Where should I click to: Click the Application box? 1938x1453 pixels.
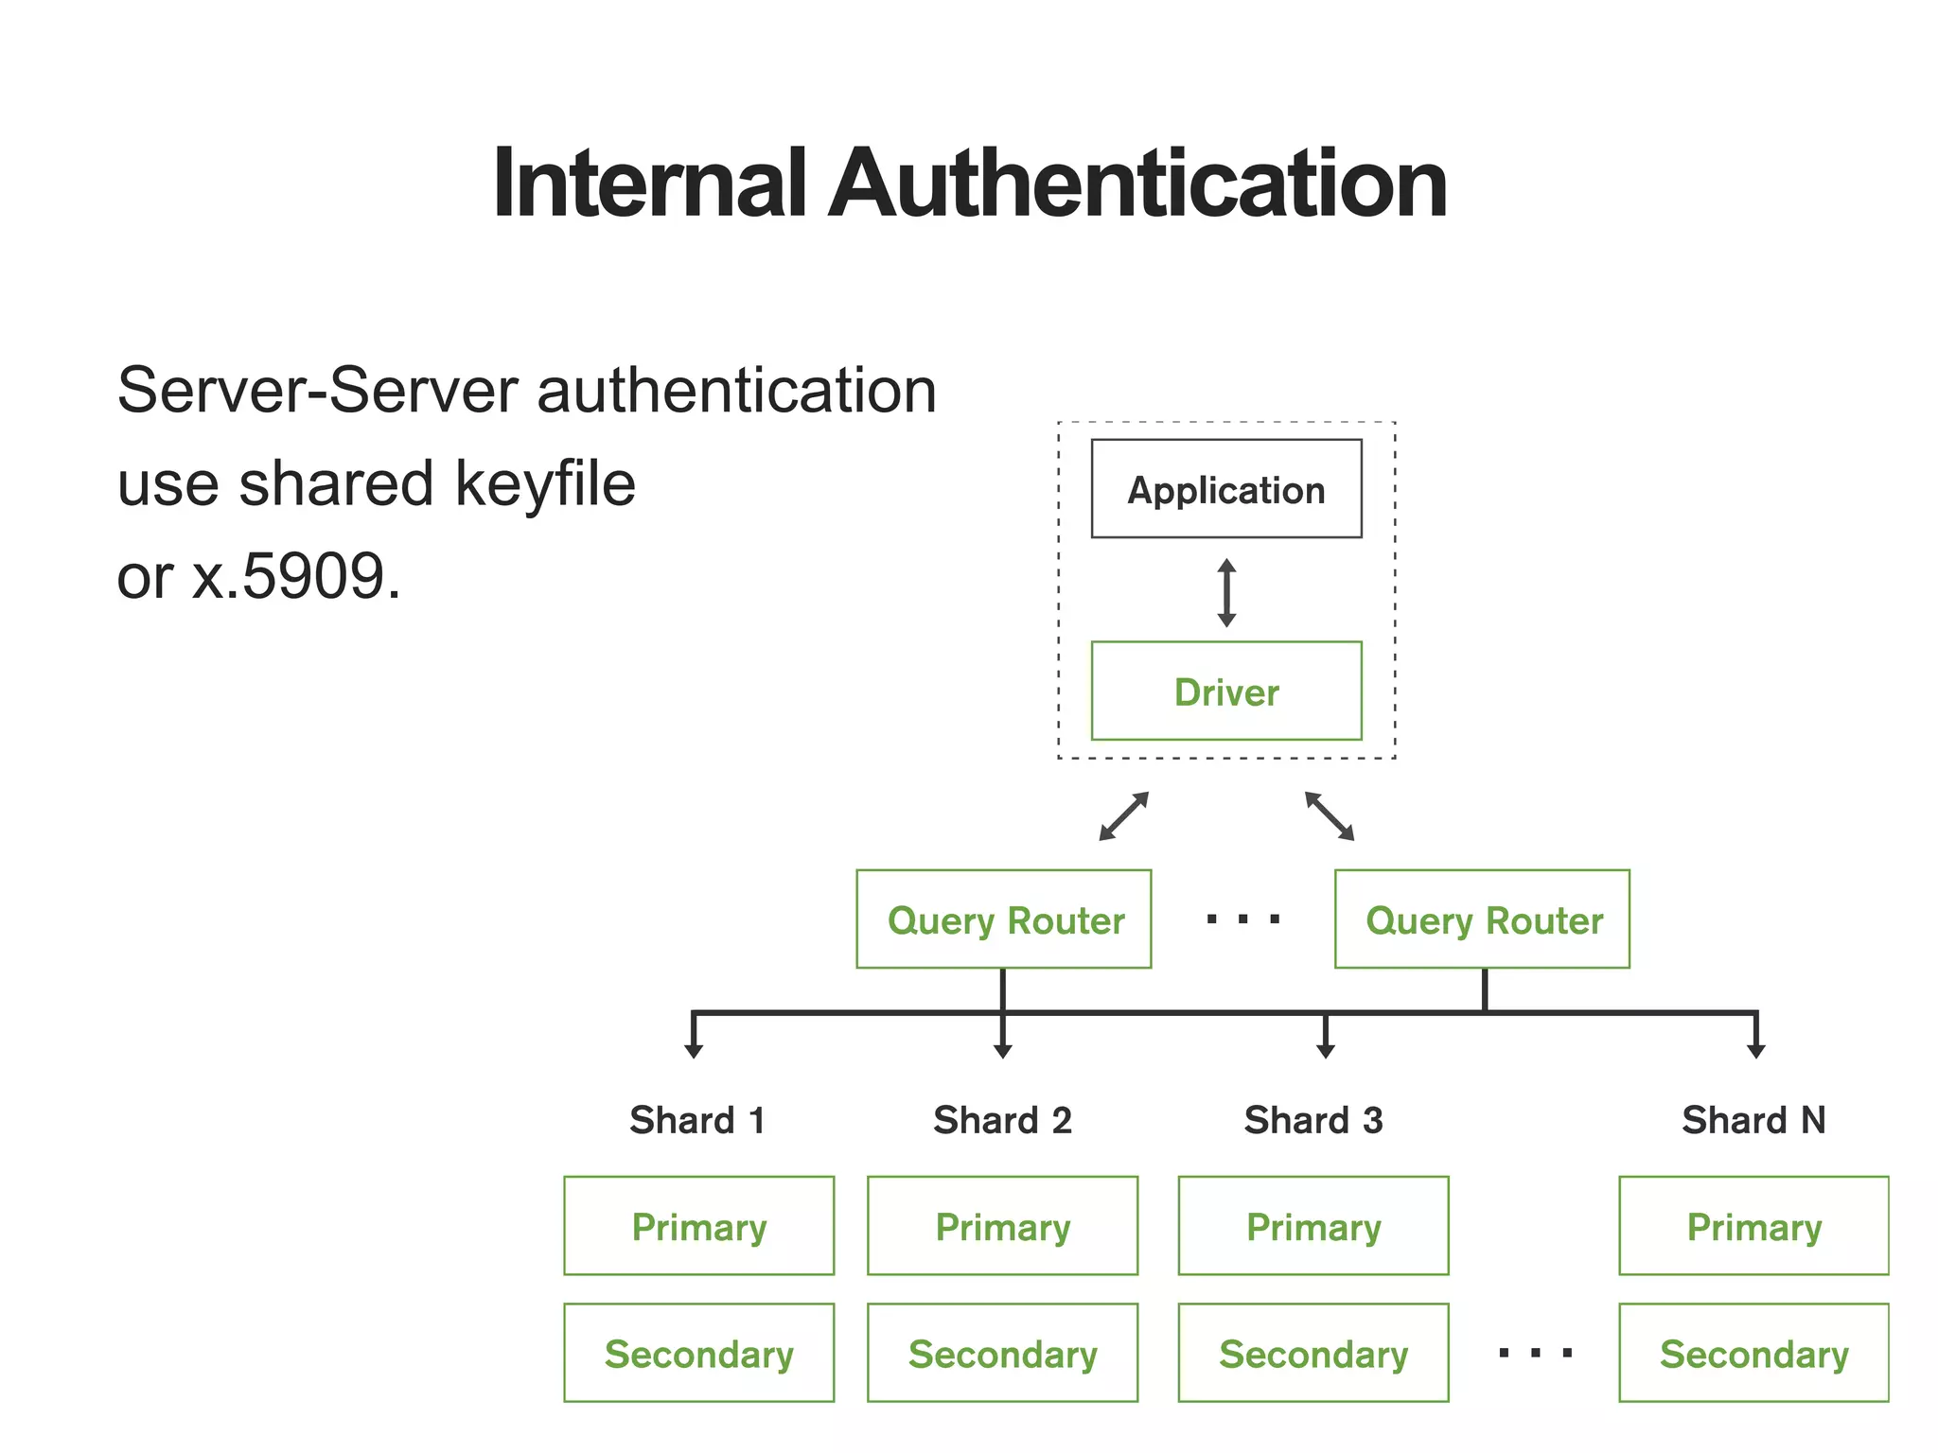click(1225, 489)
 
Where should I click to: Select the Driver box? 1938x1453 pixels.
click(1225, 691)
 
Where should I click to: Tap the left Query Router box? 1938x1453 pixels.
click(1003, 919)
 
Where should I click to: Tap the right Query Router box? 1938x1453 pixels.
click(1482, 919)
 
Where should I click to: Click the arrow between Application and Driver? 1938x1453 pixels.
click(1226, 593)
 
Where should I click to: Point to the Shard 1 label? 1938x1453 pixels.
click(697, 1120)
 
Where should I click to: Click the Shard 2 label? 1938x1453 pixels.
click(1002, 1120)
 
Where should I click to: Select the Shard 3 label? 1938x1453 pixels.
click(1313, 1120)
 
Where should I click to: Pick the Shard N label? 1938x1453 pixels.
click(1753, 1120)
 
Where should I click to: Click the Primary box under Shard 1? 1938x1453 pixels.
click(698, 1226)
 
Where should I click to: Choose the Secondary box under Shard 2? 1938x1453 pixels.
click(1002, 1354)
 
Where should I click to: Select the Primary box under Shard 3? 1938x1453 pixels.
click(1313, 1226)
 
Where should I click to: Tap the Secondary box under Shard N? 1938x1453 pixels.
click(1753, 1354)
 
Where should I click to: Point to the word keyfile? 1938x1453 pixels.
click(545, 483)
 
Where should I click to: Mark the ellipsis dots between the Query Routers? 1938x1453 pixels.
click(1243, 919)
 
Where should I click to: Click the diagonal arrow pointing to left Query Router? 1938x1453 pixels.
click(1123, 816)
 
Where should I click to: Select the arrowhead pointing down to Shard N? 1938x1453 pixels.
click(1756, 1050)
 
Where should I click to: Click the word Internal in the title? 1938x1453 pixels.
click(650, 184)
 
